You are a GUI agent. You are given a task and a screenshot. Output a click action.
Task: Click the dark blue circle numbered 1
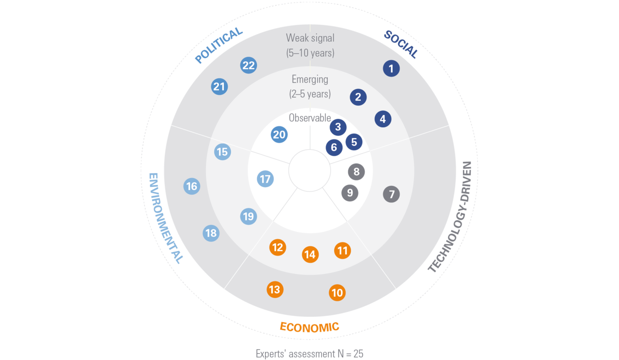point(391,68)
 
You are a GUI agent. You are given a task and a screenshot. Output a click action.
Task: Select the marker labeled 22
point(249,65)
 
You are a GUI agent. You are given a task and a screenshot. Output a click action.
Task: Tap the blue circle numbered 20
point(279,135)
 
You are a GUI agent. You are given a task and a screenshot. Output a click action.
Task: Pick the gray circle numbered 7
point(391,194)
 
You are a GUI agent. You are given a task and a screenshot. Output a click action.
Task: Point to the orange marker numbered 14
point(310,255)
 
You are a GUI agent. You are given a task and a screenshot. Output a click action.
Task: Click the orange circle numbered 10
point(337,293)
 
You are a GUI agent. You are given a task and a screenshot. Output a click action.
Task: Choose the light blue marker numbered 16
point(192,186)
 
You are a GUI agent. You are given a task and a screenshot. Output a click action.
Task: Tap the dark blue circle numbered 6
point(334,148)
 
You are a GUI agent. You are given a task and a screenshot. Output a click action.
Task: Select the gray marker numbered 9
point(350,193)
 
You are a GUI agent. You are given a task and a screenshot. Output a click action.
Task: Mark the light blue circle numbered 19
point(249,216)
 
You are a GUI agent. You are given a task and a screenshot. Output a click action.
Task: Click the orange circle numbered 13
point(275,289)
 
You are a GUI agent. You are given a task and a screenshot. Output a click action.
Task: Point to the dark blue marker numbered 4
point(383,119)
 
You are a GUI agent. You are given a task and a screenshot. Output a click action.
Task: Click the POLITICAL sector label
point(219,45)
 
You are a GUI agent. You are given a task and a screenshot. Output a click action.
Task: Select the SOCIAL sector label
point(401,44)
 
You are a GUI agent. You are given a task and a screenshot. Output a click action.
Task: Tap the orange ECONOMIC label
point(309,327)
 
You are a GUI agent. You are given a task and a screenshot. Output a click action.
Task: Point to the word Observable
point(310,118)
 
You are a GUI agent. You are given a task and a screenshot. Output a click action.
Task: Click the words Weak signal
point(310,38)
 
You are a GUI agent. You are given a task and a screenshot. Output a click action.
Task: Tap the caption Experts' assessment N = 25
point(309,354)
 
